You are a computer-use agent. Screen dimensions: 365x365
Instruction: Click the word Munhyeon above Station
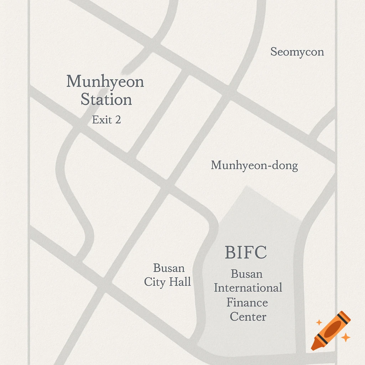[x=105, y=82]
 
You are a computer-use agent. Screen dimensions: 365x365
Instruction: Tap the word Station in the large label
[x=106, y=99]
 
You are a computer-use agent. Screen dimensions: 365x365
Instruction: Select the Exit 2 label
[x=106, y=120]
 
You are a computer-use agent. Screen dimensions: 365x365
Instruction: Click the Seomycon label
[x=297, y=52]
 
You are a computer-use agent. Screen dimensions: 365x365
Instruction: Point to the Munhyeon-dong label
[x=254, y=165]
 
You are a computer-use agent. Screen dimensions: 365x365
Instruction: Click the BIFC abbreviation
[x=246, y=253]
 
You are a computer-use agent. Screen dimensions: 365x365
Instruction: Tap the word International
[x=248, y=288]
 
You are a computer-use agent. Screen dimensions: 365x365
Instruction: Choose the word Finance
[x=247, y=302]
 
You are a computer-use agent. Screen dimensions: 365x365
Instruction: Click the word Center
[x=248, y=317]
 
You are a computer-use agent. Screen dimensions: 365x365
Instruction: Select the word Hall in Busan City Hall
[x=180, y=282]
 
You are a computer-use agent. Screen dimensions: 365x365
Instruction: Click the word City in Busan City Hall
[x=155, y=282]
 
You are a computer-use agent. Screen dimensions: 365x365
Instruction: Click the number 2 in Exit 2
[x=117, y=120]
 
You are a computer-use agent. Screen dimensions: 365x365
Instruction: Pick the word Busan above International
[x=247, y=274]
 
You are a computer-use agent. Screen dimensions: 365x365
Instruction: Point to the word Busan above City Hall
[x=169, y=268]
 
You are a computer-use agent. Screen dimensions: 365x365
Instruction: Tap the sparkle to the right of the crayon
[x=345, y=337]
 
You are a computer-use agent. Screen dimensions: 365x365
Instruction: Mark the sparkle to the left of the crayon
[x=319, y=322]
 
